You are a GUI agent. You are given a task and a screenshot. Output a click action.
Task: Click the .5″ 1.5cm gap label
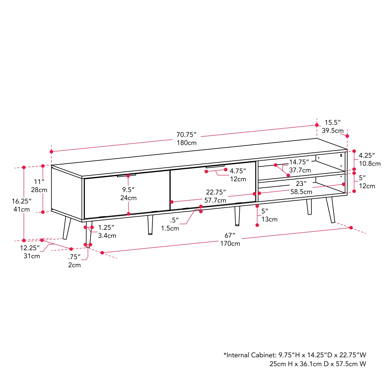tap(170, 224)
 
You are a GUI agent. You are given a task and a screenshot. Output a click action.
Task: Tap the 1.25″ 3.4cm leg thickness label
tap(107, 231)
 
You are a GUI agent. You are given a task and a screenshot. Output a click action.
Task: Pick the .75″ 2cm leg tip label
tap(74, 261)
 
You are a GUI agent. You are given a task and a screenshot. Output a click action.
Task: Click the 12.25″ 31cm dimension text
tap(30, 252)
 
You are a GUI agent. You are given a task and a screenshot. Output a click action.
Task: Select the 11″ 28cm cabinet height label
tap(39, 186)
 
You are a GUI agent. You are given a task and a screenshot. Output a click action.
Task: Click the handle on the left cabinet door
tap(126, 176)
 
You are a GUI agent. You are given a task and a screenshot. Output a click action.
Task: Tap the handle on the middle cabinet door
tap(215, 166)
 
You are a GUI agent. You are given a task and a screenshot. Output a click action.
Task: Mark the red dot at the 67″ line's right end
tap(351, 228)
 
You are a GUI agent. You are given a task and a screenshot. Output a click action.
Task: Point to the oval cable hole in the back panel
tap(341, 155)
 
